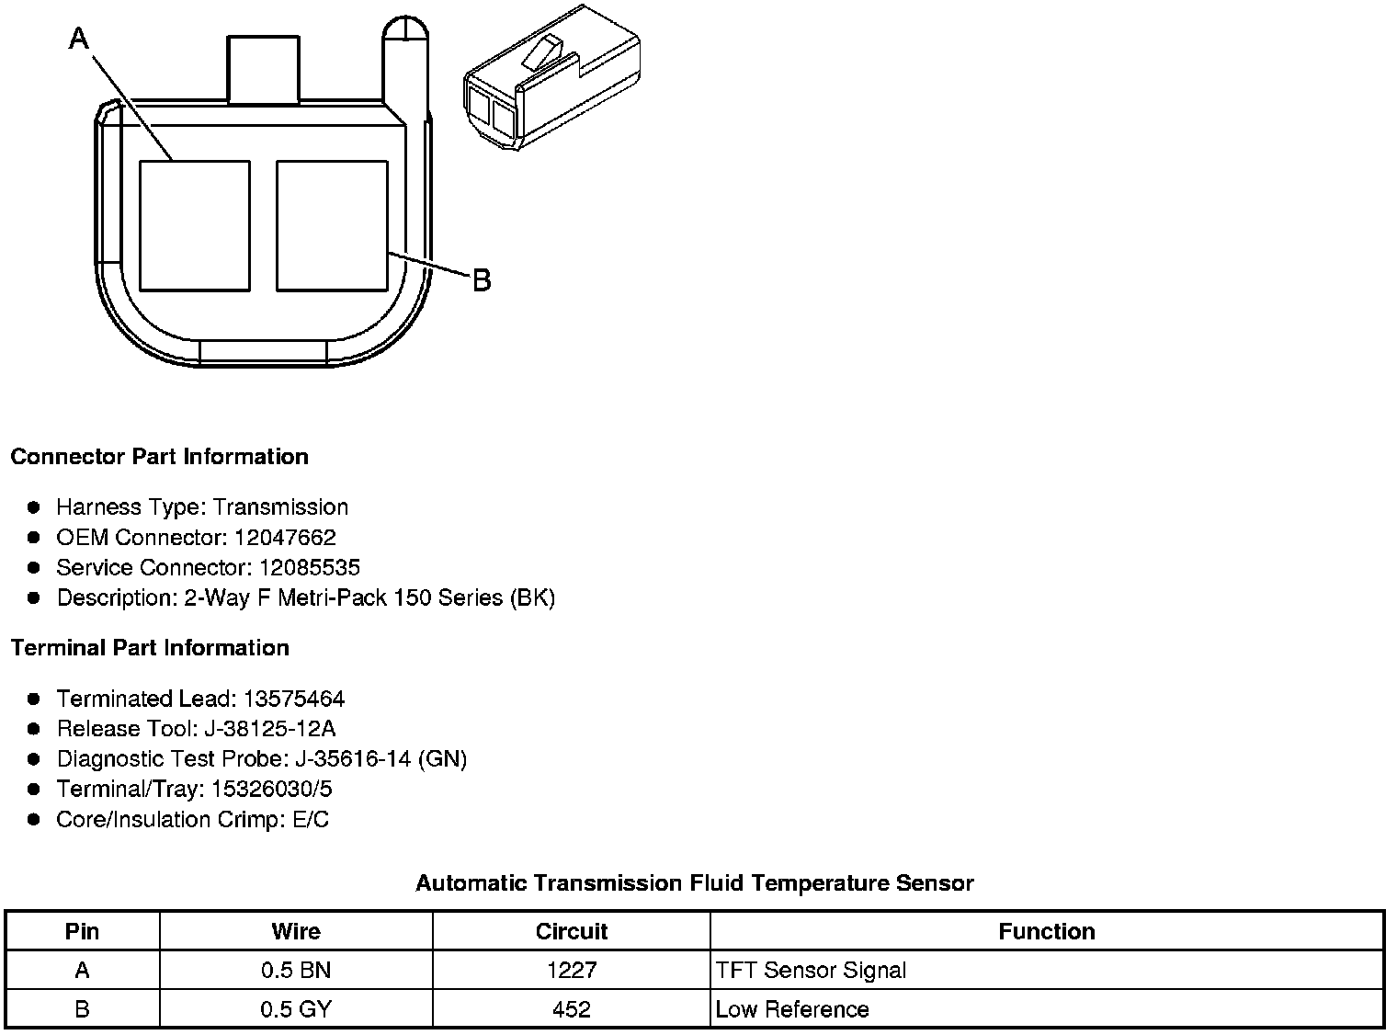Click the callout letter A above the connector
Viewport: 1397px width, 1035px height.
tap(79, 39)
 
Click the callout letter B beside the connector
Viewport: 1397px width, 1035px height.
tap(482, 280)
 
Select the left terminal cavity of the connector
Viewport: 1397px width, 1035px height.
tap(195, 226)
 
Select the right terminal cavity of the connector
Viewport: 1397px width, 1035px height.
tap(332, 226)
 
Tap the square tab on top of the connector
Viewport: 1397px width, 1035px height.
tap(263, 69)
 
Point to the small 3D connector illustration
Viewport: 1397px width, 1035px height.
tap(551, 77)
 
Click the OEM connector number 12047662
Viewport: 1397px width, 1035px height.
tap(285, 538)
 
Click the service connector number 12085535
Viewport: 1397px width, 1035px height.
tap(309, 567)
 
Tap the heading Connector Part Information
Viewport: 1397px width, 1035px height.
tap(159, 457)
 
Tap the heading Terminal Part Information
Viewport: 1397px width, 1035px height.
tap(150, 648)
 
